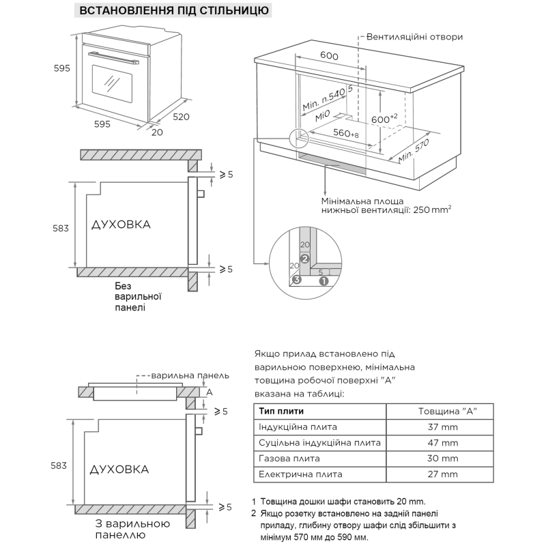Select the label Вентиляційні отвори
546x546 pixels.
tap(414, 37)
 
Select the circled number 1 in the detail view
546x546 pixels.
tap(324, 279)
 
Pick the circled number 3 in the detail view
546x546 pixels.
tap(296, 280)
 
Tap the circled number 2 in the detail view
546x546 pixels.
tap(305, 259)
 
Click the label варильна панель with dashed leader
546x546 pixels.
tap(190, 375)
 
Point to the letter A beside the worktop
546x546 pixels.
tap(210, 392)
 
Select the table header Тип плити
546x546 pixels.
tap(281, 411)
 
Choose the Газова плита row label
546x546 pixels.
tap(289, 458)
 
